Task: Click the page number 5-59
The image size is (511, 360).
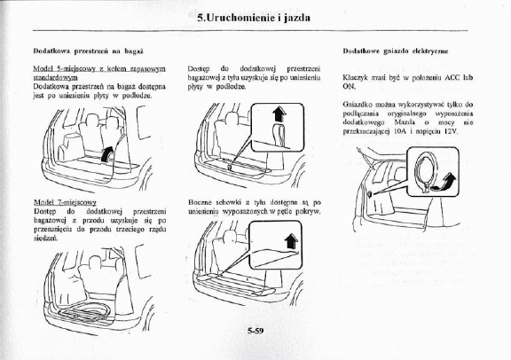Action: (255, 331)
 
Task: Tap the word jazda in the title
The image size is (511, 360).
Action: (297, 18)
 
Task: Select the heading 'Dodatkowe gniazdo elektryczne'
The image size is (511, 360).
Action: (396, 51)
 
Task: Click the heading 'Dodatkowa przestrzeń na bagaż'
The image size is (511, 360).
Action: (89, 51)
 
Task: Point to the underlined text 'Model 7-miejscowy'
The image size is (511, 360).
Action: (65, 202)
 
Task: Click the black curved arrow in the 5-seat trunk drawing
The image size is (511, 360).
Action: (106, 153)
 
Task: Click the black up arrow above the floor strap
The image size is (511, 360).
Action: (279, 114)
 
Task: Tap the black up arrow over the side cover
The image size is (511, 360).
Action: (291, 241)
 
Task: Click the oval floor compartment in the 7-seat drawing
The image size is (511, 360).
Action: (84, 310)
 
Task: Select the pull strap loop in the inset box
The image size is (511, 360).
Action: (279, 135)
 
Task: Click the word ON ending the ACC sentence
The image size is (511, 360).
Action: (349, 87)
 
